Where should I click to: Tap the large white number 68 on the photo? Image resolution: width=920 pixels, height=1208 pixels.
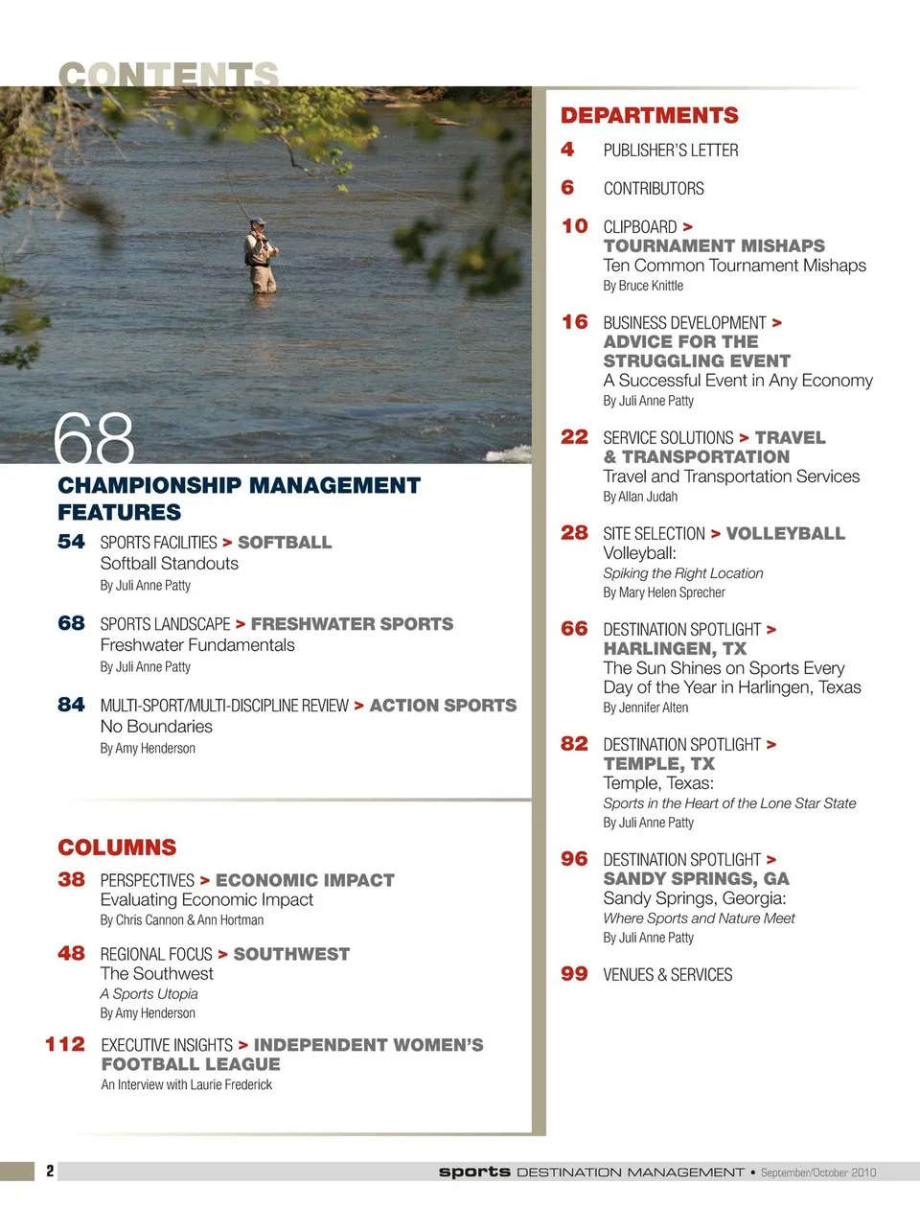[94, 439]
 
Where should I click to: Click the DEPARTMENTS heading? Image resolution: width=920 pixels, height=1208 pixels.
[649, 116]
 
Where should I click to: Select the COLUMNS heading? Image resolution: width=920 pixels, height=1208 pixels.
[117, 848]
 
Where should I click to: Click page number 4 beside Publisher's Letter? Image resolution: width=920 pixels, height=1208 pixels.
[567, 150]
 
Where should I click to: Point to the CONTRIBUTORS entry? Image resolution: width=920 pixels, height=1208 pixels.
[653, 189]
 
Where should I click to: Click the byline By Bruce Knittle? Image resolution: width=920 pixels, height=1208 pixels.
[643, 286]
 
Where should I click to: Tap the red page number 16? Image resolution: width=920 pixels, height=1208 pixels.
[574, 322]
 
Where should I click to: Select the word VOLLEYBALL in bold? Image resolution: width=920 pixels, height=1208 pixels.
[785, 533]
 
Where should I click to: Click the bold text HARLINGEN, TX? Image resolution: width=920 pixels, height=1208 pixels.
[675, 649]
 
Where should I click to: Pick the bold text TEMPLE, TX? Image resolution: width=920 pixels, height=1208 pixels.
[658, 764]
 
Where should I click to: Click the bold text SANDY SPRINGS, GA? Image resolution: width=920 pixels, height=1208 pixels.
[696, 879]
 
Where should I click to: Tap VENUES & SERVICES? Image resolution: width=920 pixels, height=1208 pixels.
[667, 975]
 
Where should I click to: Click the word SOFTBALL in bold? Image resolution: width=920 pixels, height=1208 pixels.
[285, 543]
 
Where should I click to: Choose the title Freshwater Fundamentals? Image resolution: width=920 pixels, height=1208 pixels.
[197, 645]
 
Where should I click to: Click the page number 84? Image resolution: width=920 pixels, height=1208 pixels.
[71, 705]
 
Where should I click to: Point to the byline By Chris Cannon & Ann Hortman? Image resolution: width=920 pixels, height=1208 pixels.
[182, 920]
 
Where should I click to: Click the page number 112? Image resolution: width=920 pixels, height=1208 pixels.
[65, 1044]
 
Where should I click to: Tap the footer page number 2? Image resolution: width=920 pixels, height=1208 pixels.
[50, 1171]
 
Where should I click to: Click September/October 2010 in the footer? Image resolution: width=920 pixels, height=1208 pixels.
[818, 1173]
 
